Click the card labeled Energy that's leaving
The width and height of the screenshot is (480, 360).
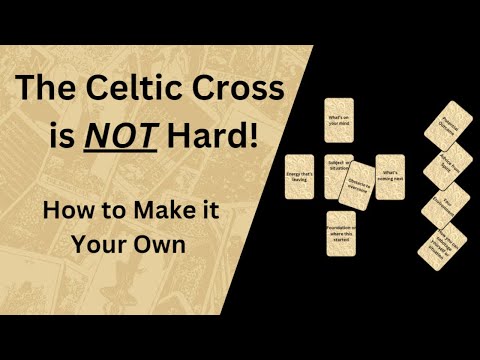click(299, 176)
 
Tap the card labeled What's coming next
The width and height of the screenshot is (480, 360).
click(389, 176)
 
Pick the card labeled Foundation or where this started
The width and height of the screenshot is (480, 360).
click(339, 233)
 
